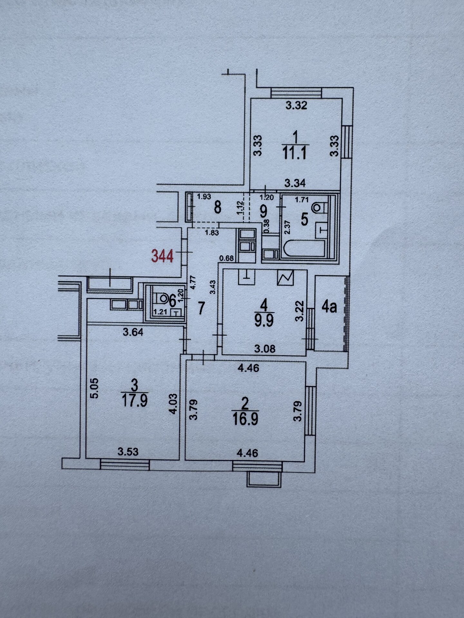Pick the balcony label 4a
click(x=329, y=307)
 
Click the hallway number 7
click(x=201, y=308)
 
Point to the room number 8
click(x=217, y=207)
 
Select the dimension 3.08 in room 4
click(x=265, y=348)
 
